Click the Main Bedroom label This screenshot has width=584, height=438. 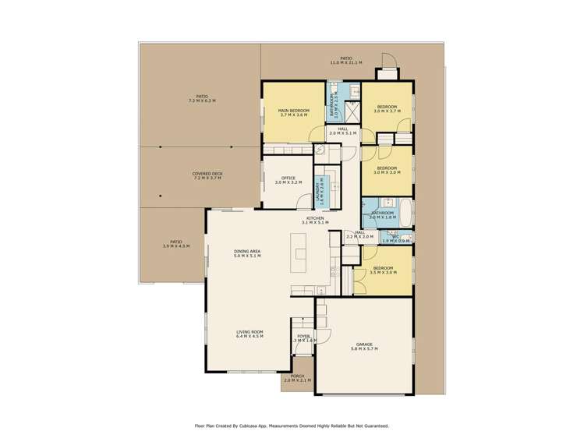click(294, 113)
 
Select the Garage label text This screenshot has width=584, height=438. click(364, 347)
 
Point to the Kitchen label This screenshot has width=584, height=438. click(315, 221)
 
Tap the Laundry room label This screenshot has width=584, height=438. click(319, 192)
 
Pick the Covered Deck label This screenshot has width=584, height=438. click(207, 176)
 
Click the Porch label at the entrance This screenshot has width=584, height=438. click(297, 377)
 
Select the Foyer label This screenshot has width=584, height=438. click(303, 338)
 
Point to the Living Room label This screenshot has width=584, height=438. click(250, 335)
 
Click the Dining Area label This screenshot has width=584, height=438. click(247, 253)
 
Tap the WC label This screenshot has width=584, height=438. click(395, 238)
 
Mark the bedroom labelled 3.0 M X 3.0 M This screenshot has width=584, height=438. click(387, 170)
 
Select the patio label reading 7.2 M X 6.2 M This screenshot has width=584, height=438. click(201, 99)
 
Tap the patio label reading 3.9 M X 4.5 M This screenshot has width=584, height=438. click(175, 244)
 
